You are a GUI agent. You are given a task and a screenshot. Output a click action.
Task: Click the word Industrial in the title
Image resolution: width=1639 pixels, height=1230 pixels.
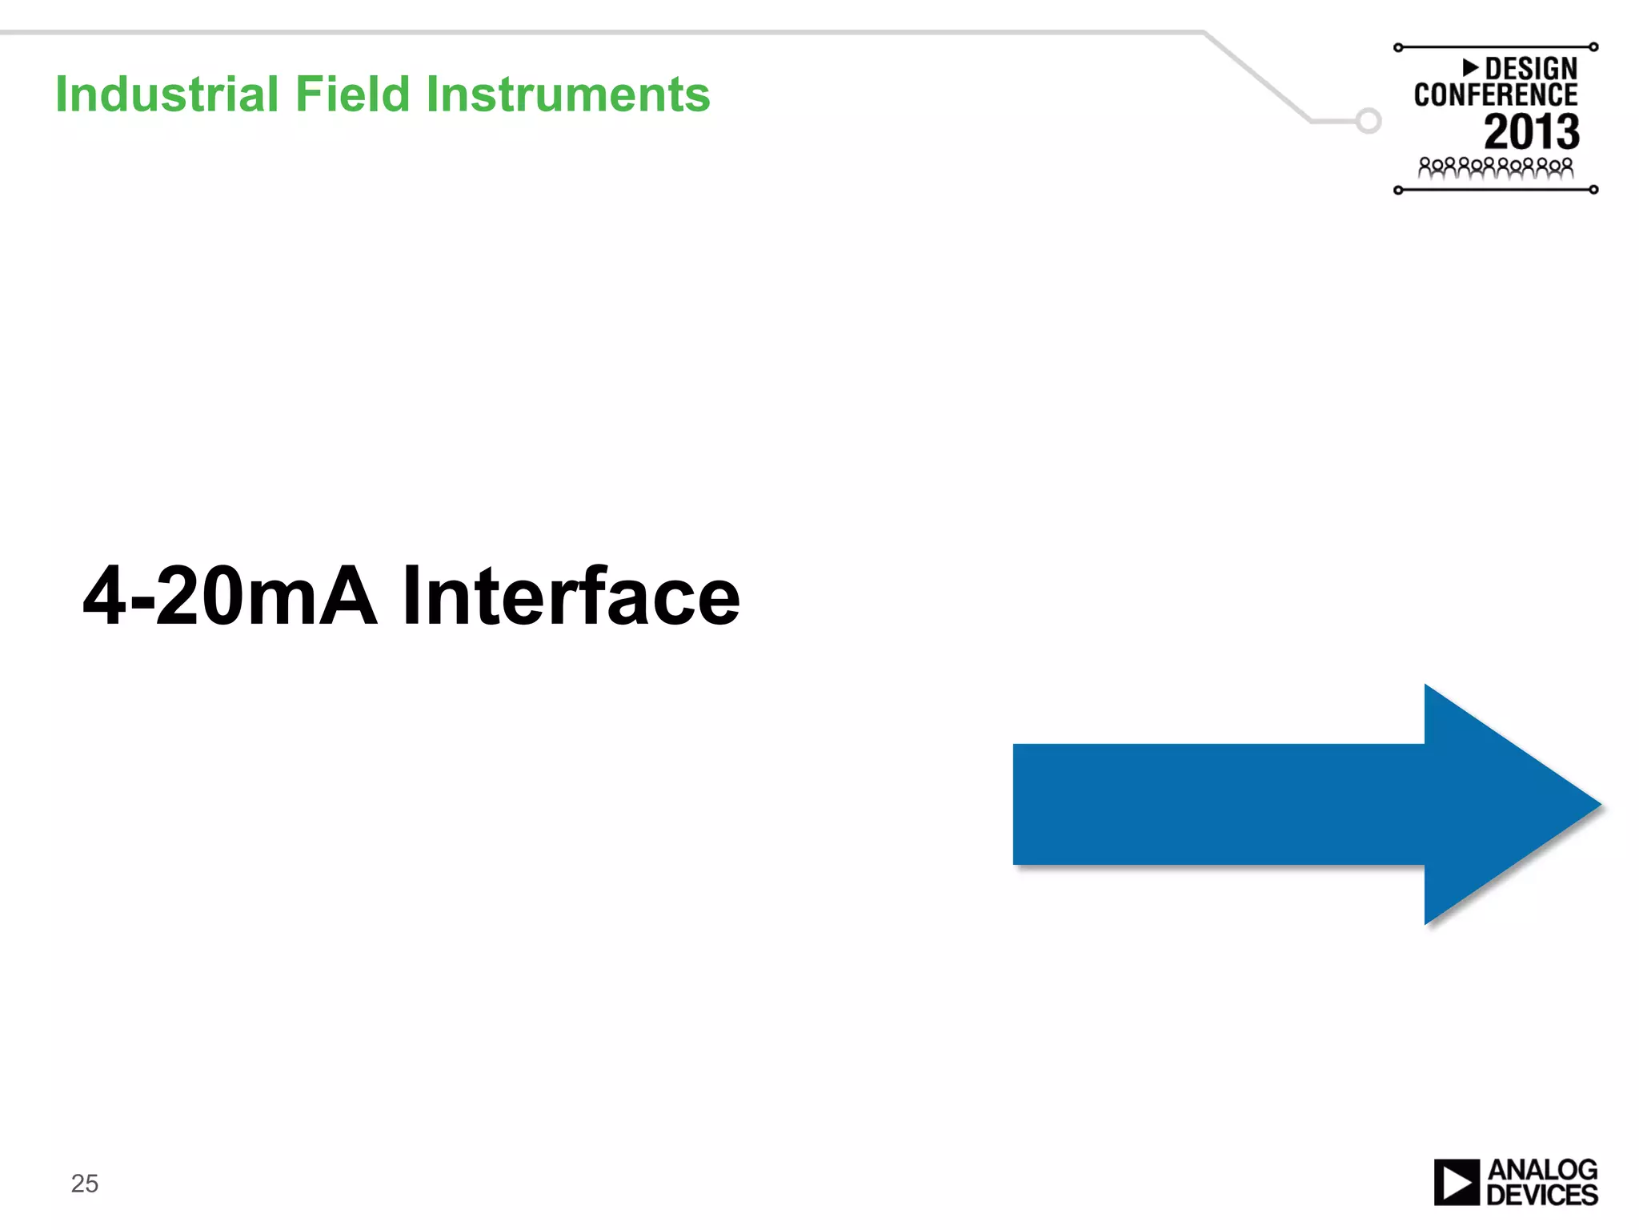pos(166,94)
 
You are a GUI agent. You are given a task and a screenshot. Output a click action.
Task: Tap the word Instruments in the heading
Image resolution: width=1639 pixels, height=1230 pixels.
pos(567,94)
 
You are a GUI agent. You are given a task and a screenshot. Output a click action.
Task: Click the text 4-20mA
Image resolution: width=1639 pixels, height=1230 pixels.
pos(229,596)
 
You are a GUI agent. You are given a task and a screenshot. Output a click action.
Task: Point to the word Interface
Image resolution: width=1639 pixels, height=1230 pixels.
pos(571,596)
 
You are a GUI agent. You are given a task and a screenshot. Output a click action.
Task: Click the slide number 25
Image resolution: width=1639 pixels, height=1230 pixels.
pos(84,1184)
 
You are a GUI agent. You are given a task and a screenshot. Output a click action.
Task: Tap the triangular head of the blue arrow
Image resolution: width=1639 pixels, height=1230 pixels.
pos(1497,805)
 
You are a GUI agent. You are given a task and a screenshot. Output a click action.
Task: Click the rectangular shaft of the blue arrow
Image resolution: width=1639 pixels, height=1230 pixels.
pos(1216,805)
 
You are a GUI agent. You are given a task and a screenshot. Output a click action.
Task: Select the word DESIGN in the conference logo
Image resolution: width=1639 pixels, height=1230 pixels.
pos(1530,69)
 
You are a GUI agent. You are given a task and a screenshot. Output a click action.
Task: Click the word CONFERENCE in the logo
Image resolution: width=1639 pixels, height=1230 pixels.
pos(1495,95)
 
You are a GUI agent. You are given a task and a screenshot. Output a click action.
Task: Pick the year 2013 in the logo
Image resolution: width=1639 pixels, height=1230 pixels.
pos(1531,132)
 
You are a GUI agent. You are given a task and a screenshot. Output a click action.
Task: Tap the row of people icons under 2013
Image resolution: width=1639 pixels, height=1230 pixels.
pos(1495,168)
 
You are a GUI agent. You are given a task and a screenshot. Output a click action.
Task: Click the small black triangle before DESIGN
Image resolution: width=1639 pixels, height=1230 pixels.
pos(1470,67)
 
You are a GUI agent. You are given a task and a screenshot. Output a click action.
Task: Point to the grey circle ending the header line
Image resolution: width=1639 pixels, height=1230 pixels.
pos(1369,121)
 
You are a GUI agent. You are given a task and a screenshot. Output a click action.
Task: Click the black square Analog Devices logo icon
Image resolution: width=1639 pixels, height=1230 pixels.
pos(1456,1182)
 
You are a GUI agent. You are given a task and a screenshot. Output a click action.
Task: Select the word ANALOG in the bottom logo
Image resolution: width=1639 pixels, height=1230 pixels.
pos(1542,1170)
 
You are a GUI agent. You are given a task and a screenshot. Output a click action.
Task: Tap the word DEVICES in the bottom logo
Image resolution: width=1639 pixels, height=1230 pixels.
pos(1541,1196)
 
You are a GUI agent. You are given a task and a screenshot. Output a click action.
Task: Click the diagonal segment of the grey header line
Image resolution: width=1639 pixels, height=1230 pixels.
pos(1256,77)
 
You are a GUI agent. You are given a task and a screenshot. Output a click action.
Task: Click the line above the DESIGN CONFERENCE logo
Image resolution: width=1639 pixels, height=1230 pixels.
pos(1495,47)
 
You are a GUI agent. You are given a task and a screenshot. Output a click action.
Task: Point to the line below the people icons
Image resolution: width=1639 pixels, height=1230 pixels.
pos(1495,190)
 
